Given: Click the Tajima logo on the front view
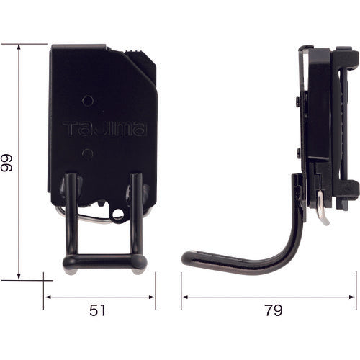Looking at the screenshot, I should click(x=104, y=130).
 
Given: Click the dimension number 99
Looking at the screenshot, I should click(x=8, y=162).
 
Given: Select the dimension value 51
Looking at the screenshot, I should click(x=99, y=311).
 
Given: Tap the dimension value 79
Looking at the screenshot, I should click(x=272, y=311).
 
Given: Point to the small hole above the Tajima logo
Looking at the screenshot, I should click(x=86, y=101).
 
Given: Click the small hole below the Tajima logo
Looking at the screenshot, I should click(x=86, y=153).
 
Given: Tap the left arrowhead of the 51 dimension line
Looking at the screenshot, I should click(x=45, y=296).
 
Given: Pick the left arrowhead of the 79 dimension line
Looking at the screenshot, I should click(x=183, y=296).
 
